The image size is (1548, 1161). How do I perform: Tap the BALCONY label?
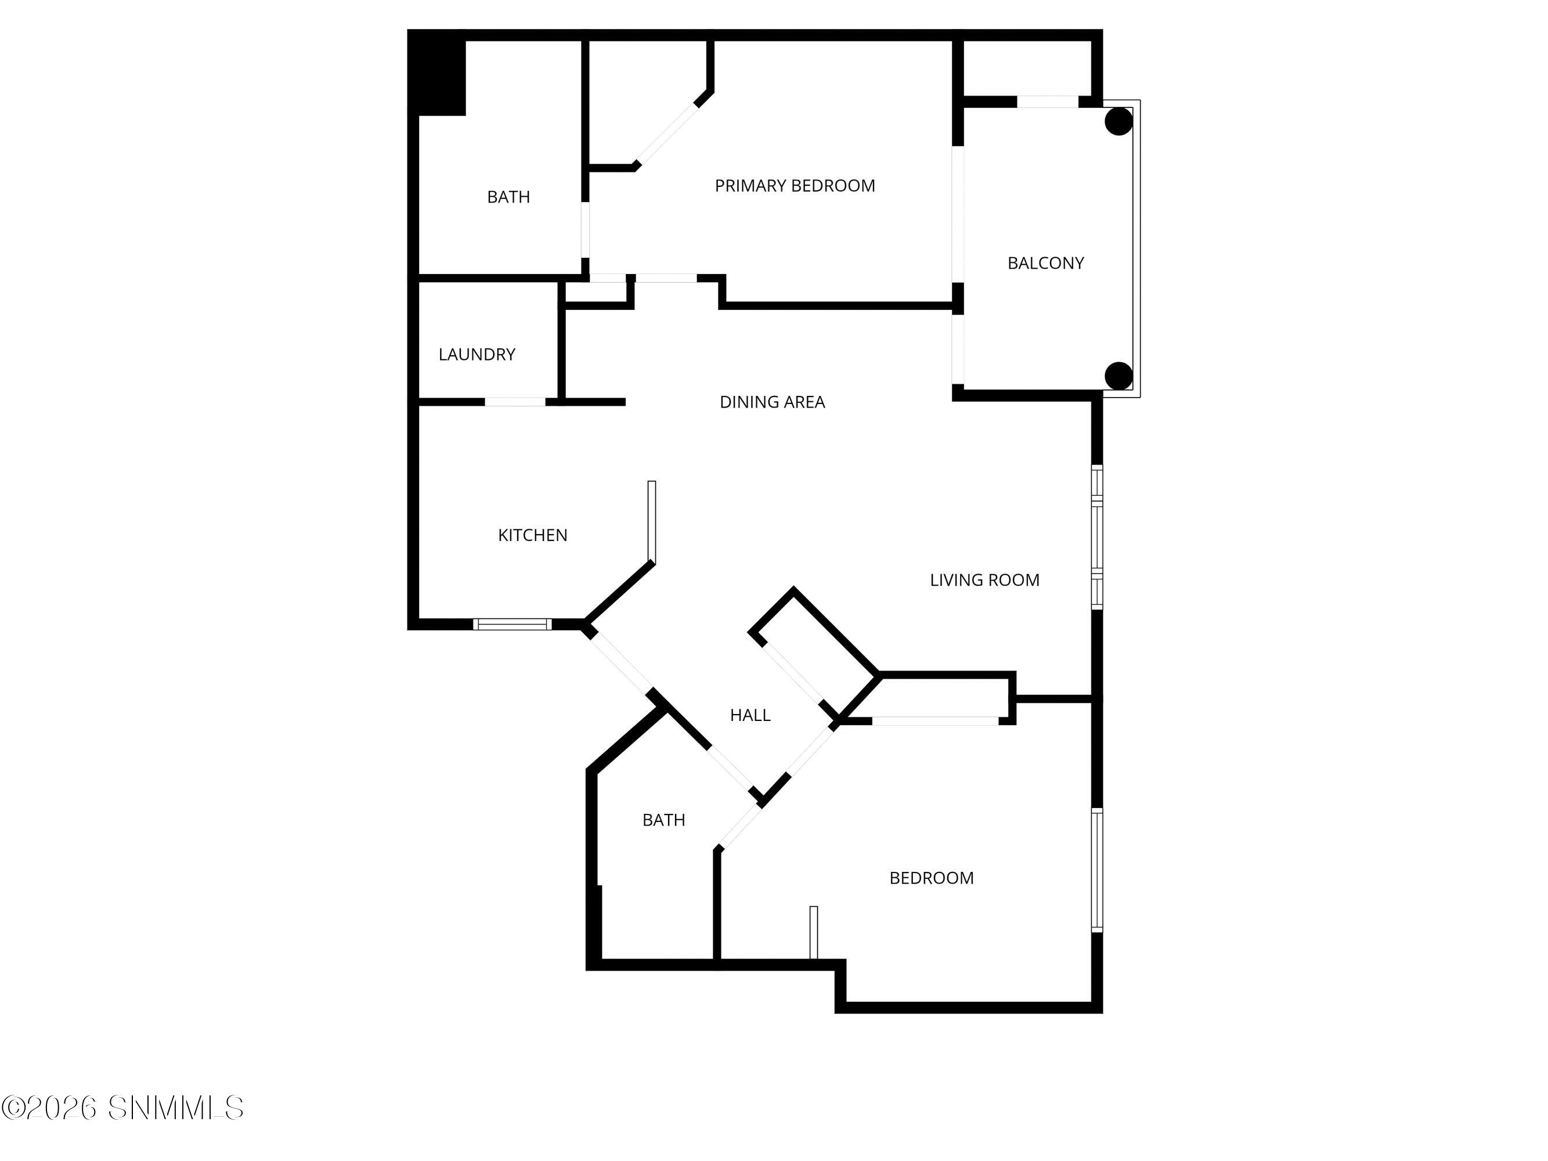coord(1045,263)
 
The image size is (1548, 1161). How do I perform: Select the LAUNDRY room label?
coord(477,355)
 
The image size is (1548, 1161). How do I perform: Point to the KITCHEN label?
coord(533,535)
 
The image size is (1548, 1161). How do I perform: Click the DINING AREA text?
coord(772,402)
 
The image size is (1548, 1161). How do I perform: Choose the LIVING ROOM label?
coord(984,580)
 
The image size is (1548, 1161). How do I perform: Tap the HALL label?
coord(750,715)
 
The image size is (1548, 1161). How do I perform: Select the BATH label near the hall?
coord(663,820)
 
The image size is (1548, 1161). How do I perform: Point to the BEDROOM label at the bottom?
coord(932,878)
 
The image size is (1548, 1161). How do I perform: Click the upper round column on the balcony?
coord(1118,121)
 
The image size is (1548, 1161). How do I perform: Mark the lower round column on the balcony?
coord(1118,376)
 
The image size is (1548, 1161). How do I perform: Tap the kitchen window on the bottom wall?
coord(513,624)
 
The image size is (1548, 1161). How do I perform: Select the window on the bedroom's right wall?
coord(1098,870)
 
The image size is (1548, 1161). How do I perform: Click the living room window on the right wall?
coord(1098,537)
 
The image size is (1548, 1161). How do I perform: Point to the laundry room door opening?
coord(515,402)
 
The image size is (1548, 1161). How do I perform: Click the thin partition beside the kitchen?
coord(652,521)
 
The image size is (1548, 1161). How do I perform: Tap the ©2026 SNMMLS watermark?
coord(122,1108)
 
